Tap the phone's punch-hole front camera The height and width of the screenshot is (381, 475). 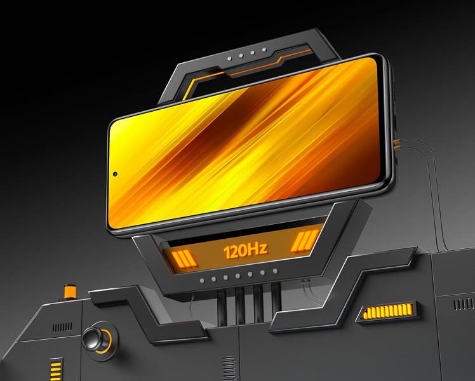115,173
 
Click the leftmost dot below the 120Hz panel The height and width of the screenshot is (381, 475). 201,279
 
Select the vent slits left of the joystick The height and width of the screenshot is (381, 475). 62,326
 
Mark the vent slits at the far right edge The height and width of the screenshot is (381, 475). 463,305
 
